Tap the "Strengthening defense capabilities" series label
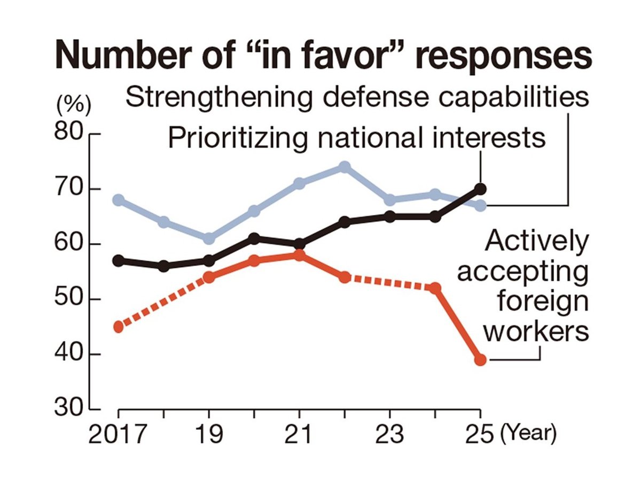pos(357,98)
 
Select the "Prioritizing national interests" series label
pos(357,137)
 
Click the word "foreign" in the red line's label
pos(543,303)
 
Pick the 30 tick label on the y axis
pos(68,409)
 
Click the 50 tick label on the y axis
pos(68,299)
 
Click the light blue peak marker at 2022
pos(345,167)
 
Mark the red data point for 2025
pos(480,360)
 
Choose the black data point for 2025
pos(480,189)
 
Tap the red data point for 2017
pos(119,327)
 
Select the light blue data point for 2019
pos(209,238)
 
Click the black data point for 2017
pos(119,261)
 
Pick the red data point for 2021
pos(299,255)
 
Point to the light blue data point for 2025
pos(480,205)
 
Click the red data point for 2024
pos(435,288)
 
